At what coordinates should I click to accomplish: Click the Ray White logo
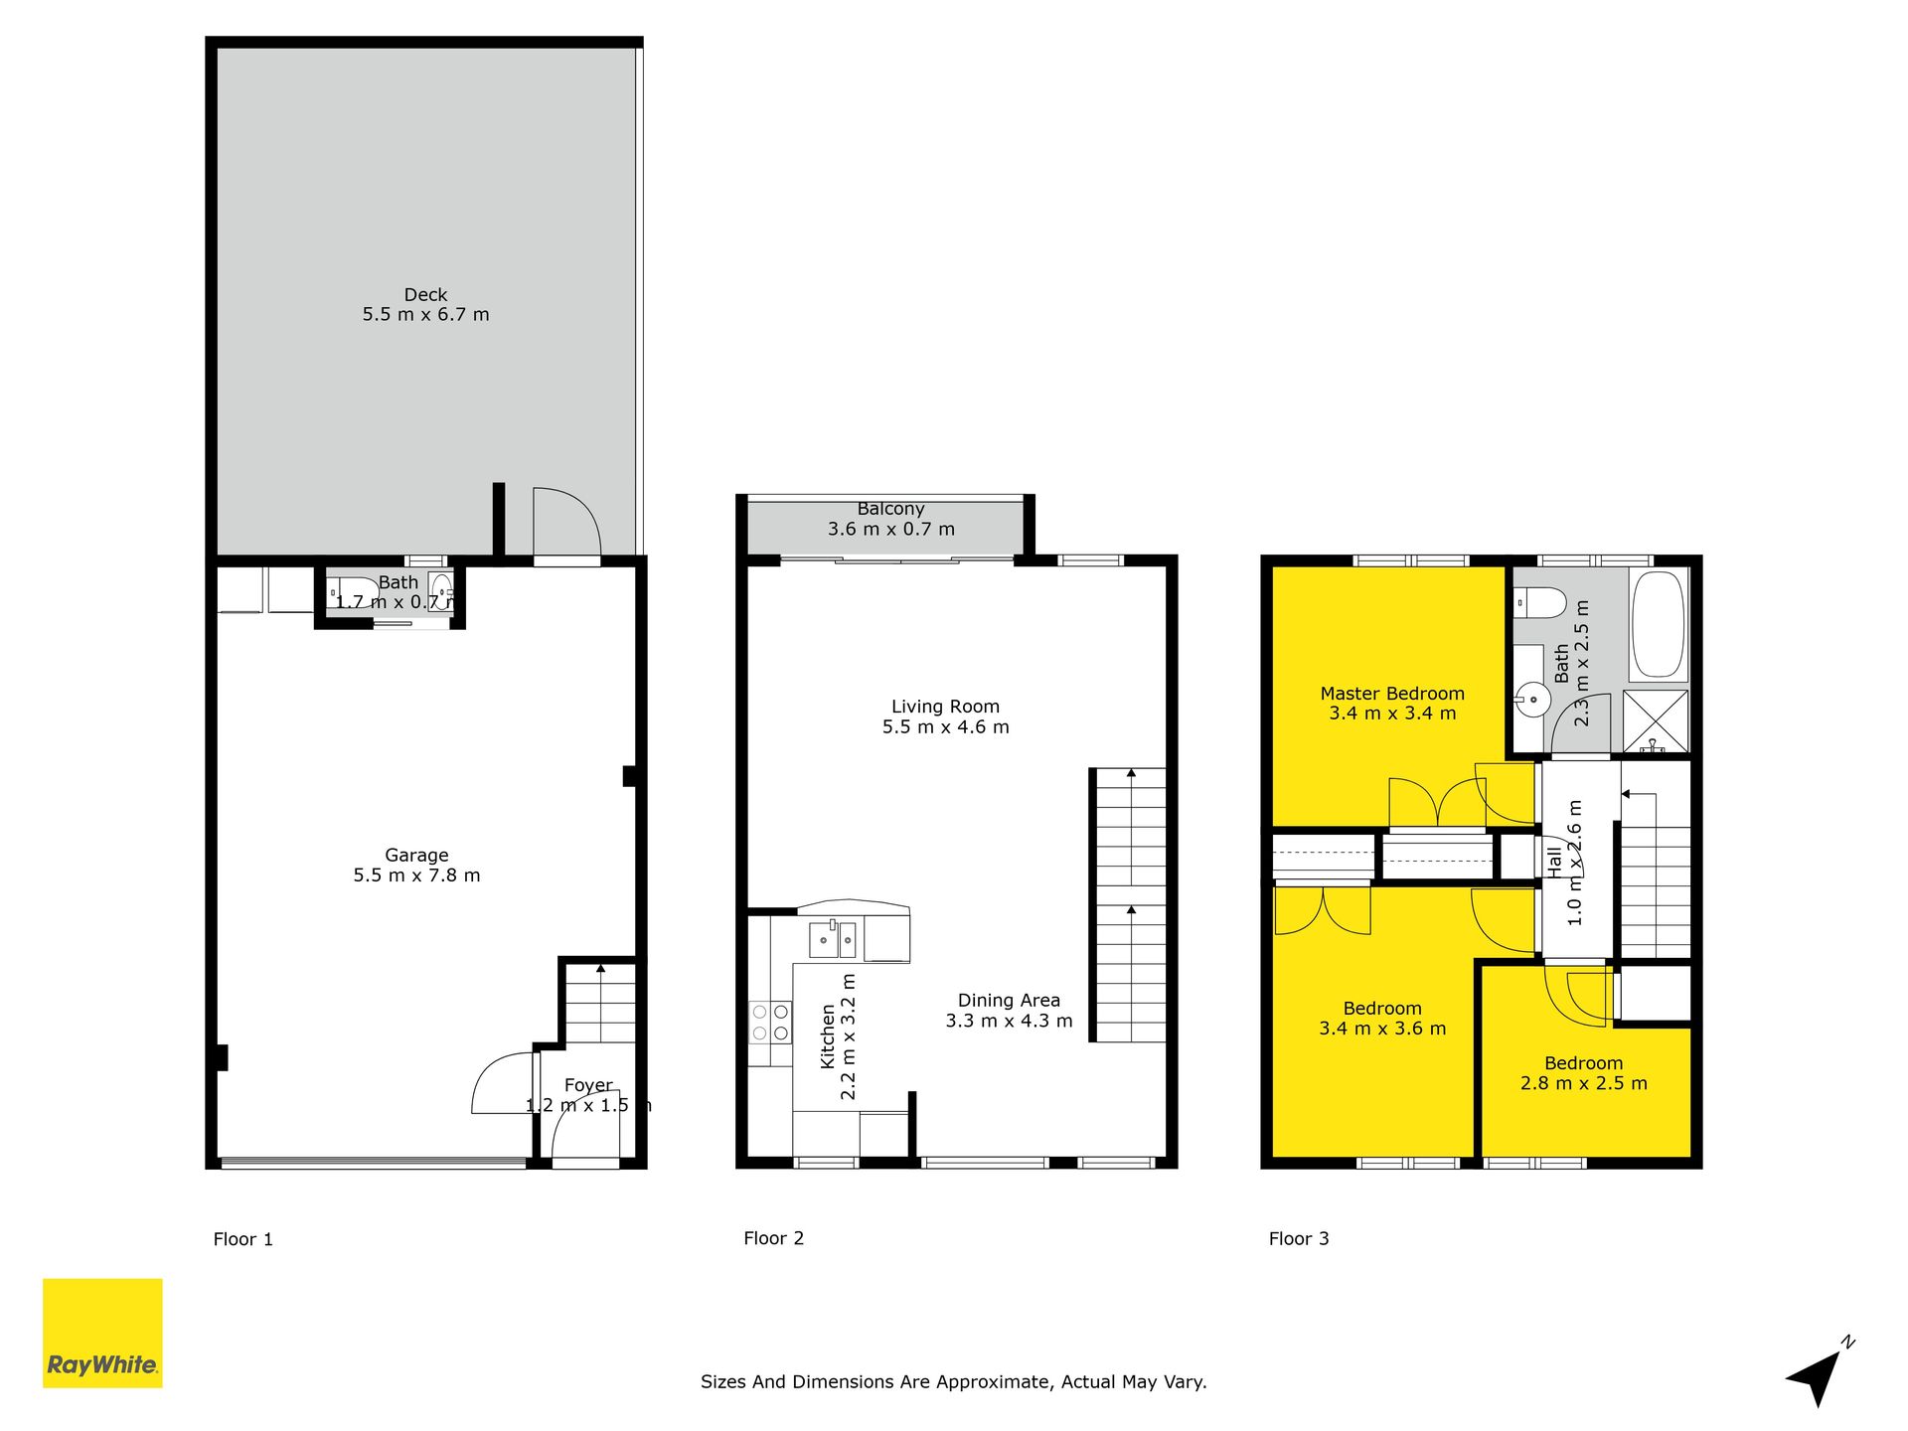(102, 1333)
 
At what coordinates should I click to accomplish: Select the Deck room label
(425, 295)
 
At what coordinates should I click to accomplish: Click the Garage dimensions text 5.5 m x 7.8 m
(417, 875)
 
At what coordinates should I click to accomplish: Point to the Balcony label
(891, 509)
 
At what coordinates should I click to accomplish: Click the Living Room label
(945, 707)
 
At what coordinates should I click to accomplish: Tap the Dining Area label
(1009, 1001)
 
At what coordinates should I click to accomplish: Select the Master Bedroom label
(1392, 694)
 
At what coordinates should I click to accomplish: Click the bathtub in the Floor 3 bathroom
(1659, 624)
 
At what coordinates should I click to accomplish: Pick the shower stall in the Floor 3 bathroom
(1656, 720)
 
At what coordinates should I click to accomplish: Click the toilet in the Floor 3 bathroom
(1539, 602)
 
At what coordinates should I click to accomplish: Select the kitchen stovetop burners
(770, 1023)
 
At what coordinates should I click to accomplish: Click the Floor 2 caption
(773, 1238)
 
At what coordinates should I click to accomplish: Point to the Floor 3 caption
(1299, 1238)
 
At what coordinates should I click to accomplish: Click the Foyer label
(588, 1085)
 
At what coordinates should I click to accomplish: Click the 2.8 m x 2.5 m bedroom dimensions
(1584, 1083)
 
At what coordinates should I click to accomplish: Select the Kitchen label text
(828, 1036)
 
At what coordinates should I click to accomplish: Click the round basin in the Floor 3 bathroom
(1533, 700)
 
